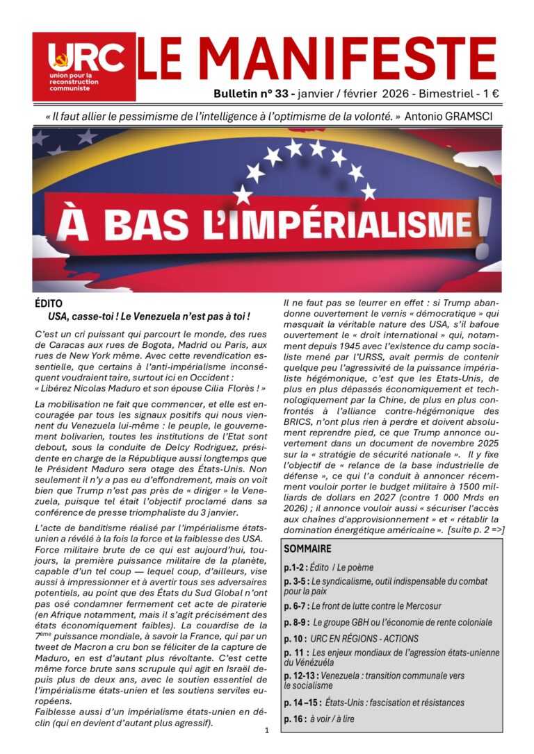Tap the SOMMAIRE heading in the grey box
click(307, 548)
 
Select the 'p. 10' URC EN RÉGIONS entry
click(351, 638)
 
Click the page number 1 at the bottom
click(266, 730)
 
